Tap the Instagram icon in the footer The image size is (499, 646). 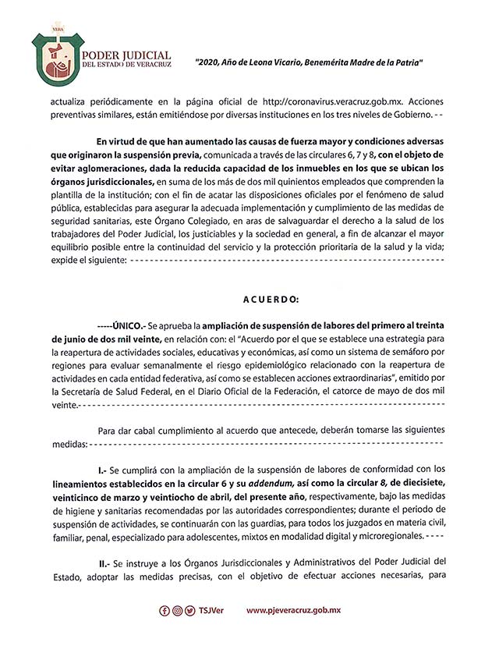tap(179, 611)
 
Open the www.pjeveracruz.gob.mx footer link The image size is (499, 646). tap(296, 611)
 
